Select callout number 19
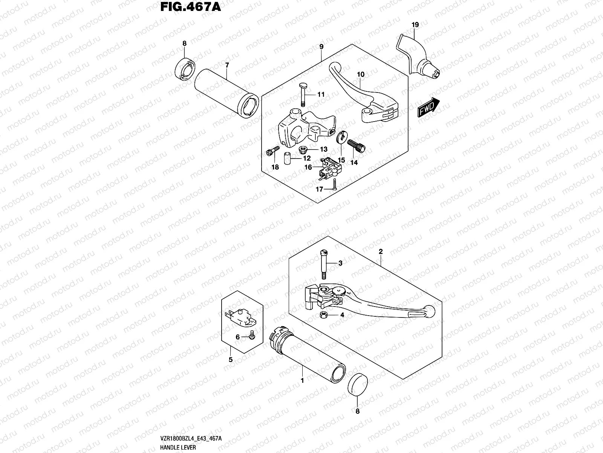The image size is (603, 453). [x=415, y=25]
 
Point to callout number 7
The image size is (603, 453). [x=227, y=65]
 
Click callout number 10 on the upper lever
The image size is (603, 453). [x=361, y=74]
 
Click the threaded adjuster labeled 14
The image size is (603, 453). [x=356, y=146]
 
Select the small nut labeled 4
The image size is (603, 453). [x=323, y=315]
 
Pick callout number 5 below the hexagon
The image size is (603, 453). [x=231, y=360]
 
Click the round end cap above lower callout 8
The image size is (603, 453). [x=357, y=384]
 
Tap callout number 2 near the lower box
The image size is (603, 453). [x=381, y=251]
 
